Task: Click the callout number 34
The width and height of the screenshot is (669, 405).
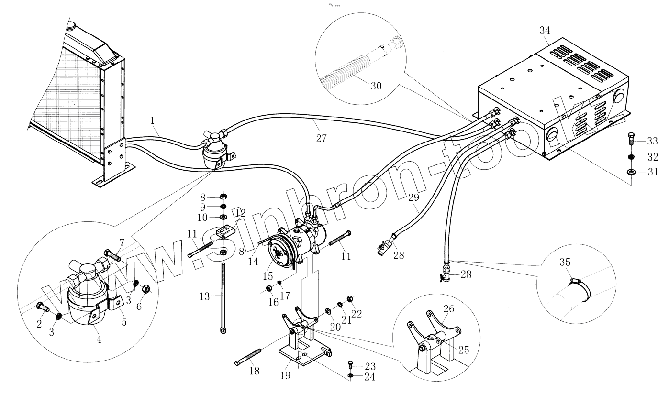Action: (x=545, y=31)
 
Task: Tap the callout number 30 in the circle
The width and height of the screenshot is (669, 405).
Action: (x=376, y=86)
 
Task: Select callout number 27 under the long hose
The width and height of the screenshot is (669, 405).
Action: (x=321, y=138)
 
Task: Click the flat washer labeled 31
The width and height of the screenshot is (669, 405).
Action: (x=631, y=172)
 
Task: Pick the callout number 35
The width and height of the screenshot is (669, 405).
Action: (x=565, y=262)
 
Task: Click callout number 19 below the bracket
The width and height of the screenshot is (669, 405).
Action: (x=285, y=375)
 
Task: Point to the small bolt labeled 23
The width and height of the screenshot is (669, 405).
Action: (x=350, y=365)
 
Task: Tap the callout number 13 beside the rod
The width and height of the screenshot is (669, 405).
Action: (x=204, y=296)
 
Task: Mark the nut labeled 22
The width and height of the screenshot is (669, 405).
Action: (x=349, y=299)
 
